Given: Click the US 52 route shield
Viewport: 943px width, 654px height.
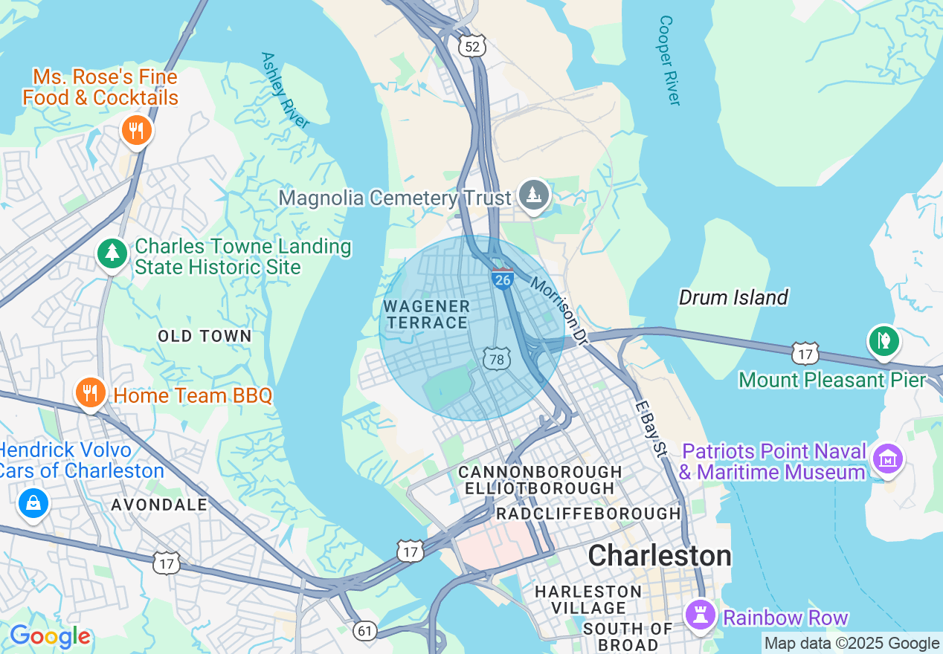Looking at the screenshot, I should pyautogui.click(x=472, y=47).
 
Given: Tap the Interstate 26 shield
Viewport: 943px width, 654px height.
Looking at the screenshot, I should pyautogui.click(x=503, y=279).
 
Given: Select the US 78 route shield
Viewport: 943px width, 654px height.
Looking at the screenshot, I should pyautogui.click(x=496, y=359).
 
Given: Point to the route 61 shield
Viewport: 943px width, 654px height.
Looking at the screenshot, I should pyautogui.click(x=364, y=631).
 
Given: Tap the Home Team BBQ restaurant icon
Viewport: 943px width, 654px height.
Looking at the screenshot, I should pyautogui.click(x=90, y=392).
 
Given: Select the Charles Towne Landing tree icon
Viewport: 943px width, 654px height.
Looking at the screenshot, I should pyautogui.click(x=112, y=253).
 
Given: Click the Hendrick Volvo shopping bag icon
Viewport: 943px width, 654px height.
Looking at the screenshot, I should pyautogui.click(x=33, y=503).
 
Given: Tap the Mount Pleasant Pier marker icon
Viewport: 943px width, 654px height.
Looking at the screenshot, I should pyautogui.click(x=884, y=341).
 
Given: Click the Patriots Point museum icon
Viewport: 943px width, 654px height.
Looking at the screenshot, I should pyautogui.click(x=888, y=459).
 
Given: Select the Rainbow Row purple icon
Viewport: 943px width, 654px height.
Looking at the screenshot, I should pyautogui.click(x=701, y=615).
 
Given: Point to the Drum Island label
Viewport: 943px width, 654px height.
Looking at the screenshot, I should pyautogui.click(x=733, y=298).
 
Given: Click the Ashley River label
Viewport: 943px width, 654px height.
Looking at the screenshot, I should pyautogui.click(x=285, y=90).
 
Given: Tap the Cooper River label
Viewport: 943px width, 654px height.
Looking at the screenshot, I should pyautogui.click(x=669, y=61).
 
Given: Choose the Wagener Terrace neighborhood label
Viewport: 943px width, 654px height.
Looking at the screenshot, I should pyautogui.click(x=426, y=314).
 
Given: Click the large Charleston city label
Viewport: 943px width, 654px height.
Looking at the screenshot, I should pyautogui.click(x=660, y=555).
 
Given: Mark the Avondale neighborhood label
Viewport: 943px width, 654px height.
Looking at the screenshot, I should pyautogui.click(x=159, y=505).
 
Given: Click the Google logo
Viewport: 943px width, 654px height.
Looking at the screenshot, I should pyautogui.click(x=50, y=636).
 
